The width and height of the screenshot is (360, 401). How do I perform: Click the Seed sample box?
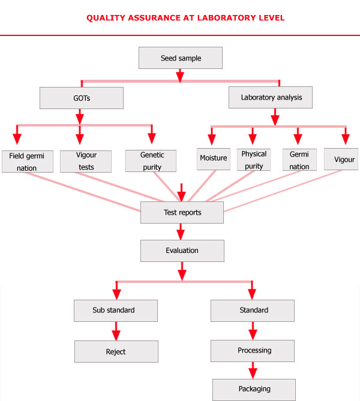[x=181, y=58]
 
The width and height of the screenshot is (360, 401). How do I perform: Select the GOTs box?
[x=82, y=98]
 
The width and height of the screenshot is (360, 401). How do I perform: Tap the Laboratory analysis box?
[x=271, y=98]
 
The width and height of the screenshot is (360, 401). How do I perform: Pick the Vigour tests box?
[x=86, y=161]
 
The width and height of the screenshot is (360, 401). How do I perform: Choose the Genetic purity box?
[x=151, y=161]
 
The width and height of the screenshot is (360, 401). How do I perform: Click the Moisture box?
[x=214, y=158]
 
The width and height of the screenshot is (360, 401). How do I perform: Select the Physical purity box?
[x=254, y=159]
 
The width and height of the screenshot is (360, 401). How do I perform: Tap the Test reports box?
[x=182, y=213]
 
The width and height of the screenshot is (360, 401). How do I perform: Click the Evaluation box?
[x=182, y=251]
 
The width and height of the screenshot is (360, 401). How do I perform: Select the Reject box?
[x=116, y=351]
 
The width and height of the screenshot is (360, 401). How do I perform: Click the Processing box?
[x=253, y=351]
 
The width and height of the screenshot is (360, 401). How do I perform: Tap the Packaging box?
[x=254, y=389]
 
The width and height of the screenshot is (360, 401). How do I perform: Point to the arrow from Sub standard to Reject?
[x=116, y=331]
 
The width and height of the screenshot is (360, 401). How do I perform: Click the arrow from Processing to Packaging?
[x=253, y=370]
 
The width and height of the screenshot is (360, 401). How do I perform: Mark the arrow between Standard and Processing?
[x=253, y=330]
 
